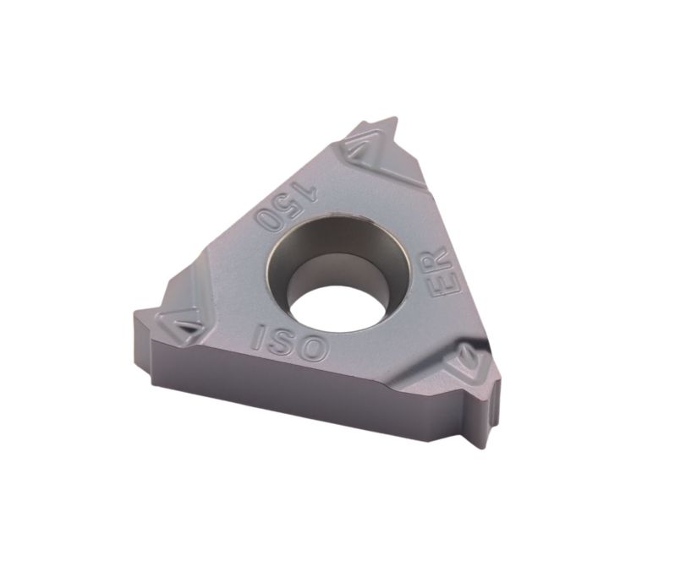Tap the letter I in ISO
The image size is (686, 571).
[259, 335]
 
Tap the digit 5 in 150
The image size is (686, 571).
[288, 204]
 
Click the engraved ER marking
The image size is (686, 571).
[442, 272]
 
